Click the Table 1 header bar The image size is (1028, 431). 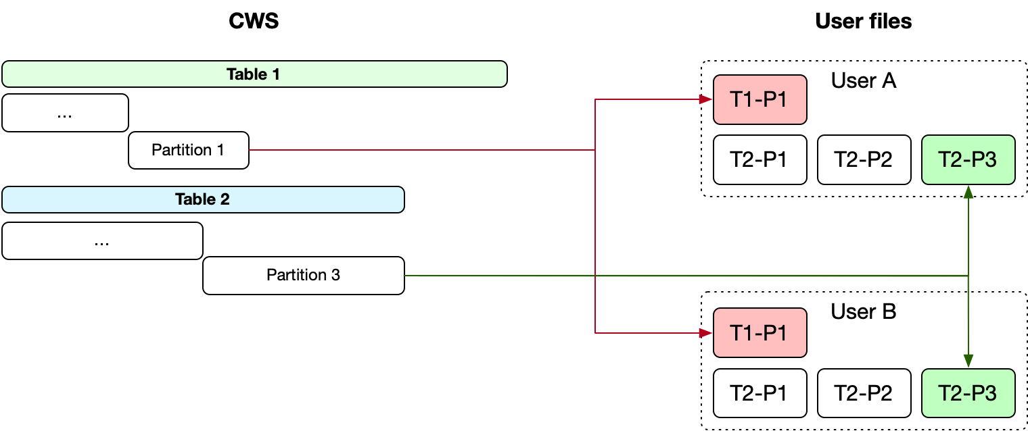click(254, 74)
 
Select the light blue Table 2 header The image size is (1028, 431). click(203, 200)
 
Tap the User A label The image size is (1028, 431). click(864, 81)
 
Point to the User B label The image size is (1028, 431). click(864, 312)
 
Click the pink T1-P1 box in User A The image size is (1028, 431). click(760, 100)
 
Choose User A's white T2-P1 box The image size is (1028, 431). click(760, 159)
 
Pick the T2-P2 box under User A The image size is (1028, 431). click(864, 159)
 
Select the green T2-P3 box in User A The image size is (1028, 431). click(968, 159)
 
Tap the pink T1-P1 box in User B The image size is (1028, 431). click(760, 332)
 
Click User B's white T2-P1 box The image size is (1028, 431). click(760, 393)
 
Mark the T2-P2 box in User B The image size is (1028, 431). click(864, 393)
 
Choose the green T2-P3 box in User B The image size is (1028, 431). click(968, 393)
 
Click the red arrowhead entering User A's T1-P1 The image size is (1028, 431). click(707, 100)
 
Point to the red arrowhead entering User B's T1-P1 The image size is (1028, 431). click(707, 332)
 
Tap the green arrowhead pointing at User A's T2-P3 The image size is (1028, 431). click(968, 191)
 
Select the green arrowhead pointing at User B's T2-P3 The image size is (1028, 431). click(968, 362)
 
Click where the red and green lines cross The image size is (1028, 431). click(594, 276)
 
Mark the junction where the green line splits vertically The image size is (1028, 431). click(968, 276)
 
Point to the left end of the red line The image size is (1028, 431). click(250, 149)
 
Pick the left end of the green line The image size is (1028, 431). click(404, 276)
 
